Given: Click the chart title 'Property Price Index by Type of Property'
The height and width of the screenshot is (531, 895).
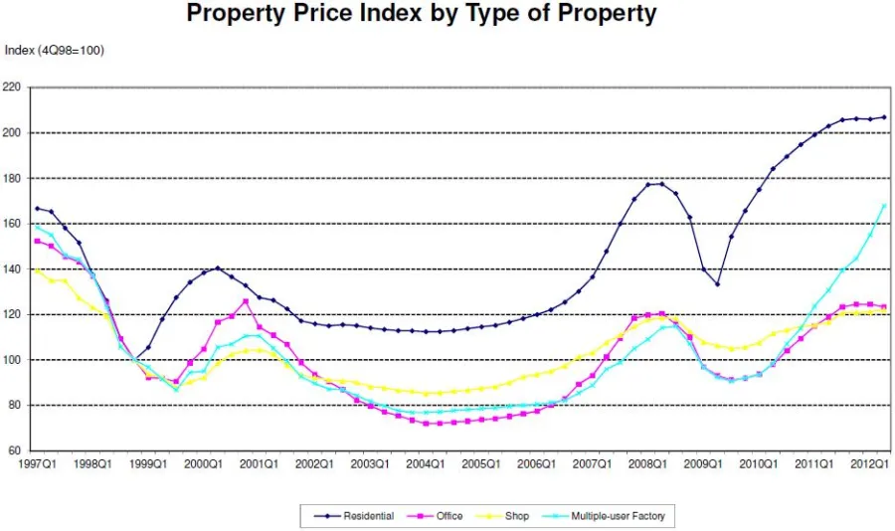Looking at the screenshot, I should click(x=422, y=14).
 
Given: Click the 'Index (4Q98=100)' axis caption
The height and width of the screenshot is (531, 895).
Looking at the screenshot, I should click(x=55, y=50).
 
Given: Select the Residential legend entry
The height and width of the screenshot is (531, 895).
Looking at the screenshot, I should click(x=354, y=516).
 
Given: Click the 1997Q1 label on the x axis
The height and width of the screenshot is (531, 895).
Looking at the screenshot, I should click(x=38, y=464).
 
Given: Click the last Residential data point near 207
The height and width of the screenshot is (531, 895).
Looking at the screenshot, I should click(x=884, y=117).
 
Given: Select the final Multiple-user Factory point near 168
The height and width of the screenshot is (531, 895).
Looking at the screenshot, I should click(x=884, y=206).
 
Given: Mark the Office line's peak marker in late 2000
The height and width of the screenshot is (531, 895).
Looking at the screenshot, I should click(x=246, y=301).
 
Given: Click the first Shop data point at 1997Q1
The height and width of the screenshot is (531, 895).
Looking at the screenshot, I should click(x=38, y=270).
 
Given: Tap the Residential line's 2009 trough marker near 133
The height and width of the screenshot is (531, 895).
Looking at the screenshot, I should click(x=717, y=284).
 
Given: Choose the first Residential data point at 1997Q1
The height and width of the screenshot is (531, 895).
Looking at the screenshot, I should click(x=38, y=209).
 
